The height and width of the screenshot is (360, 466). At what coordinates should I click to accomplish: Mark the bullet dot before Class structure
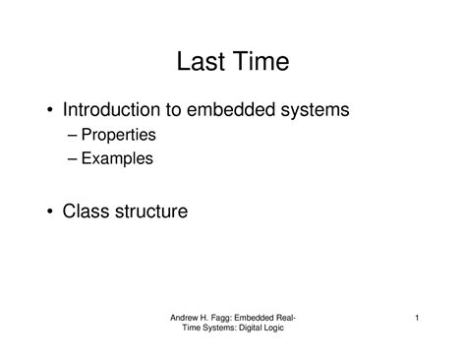pyautogui.click(x=50, y=210)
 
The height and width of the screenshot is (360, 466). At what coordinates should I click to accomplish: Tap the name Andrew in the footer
pyautogui.click(x=187, y=318)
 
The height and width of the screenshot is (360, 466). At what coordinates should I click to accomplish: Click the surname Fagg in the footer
pyautogui.click(x=230, y=318)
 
